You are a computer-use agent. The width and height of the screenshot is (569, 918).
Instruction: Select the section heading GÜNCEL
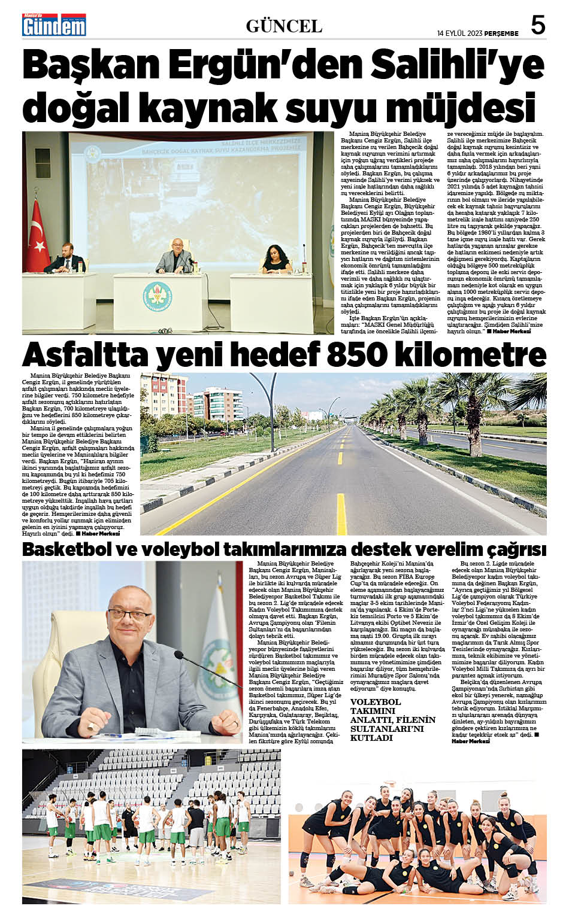(284, 26)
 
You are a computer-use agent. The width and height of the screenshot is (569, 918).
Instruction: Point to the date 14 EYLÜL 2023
(459, 32)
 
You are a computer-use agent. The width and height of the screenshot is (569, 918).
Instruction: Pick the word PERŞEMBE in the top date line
(501, 32)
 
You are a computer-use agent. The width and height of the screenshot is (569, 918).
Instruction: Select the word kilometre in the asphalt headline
(473, 355)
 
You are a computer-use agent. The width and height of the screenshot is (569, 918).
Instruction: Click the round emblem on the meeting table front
(157, 295)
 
